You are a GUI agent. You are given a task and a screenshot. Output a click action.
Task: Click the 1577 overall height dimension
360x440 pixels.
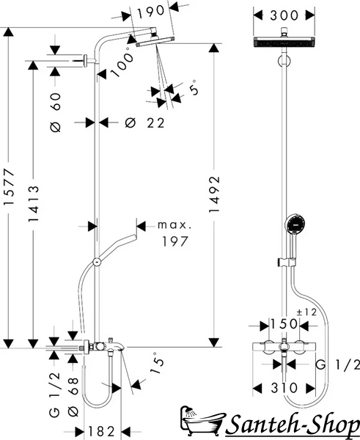pyautogui.click(x=9, y=186)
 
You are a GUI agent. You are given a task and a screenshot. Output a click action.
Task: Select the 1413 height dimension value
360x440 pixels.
pyautogui.click(x=34, y=203)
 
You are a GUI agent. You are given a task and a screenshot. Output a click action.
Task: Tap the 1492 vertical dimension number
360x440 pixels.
pyautogui.click(x=214, y=194)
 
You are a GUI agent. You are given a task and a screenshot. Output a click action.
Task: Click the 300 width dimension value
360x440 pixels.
pyautogui.click(x=284, y=15)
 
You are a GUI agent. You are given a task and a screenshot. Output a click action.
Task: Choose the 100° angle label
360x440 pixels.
pyautogui.click(x=122, y=63)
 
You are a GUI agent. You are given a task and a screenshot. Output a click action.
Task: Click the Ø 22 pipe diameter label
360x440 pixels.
pyautogui.click(x=144, y=123)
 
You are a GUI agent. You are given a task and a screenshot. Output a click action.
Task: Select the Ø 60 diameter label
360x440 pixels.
pyautogui.click(x=56, y=112)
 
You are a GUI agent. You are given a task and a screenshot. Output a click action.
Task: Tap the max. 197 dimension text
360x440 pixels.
pyautogui.click(x=175, y=233)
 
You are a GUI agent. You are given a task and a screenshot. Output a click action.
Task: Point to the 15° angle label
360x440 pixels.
pyautogui.click(x=156, y=364)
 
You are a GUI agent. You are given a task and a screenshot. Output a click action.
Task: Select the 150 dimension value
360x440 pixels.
pyautogui.click(x=284, y=324)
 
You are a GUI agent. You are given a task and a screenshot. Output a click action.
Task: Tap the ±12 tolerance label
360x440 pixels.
pyautogui.click(x=306, y=312)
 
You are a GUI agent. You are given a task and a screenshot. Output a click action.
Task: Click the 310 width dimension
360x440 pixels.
pyautogui.click(x=284, y=388)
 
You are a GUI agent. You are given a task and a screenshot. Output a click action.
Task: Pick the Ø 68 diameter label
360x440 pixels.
pyautogui.click(x=73, y=397)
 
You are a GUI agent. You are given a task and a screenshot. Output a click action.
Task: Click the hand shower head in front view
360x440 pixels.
pyautogui.click(x=295, y=224)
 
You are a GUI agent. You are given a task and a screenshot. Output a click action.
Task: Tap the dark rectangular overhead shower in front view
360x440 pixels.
pyautogui.click(x=284, y=42)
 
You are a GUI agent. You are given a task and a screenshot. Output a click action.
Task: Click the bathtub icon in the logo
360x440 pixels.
pyautogui.click(x=202, y=421)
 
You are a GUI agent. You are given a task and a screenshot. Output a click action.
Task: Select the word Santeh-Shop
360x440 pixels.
pyautogui.click(x=293, y=425)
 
